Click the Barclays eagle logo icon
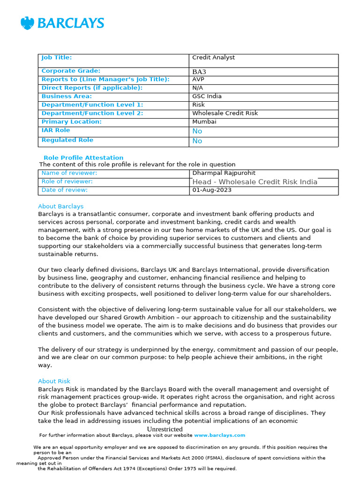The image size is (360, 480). [28, 23]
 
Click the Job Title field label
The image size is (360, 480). [57, 58]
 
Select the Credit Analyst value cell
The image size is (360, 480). [213, 58]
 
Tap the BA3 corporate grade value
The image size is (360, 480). [199, 72]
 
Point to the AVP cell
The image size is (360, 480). [199, 80]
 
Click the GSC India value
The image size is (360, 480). [207, 97]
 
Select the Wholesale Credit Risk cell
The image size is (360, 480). [225, 113]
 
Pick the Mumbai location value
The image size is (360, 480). [204, 122]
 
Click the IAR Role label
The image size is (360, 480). [56, 130]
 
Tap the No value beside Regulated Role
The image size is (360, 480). [197, 141]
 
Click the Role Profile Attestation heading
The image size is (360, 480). [83, 158]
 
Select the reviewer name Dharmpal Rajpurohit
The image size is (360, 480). [224, 173]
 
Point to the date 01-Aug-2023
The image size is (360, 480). [212, 190]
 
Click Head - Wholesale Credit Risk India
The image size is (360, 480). [255, 182]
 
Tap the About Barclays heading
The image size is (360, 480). [61, 207]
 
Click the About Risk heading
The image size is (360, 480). [54, 382]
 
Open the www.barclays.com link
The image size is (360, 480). [219, 435]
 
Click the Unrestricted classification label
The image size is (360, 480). [165, 429]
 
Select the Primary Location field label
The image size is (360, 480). [71, 122]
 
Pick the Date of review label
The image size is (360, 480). [65, 190]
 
